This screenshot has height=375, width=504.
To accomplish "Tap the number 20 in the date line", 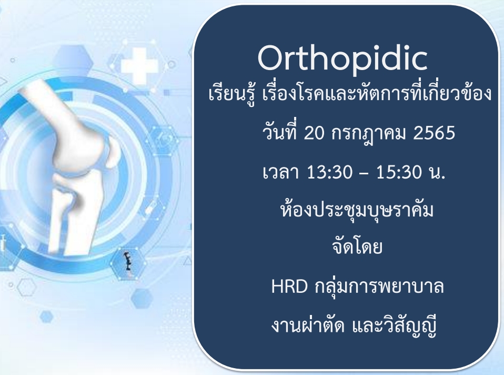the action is [314, 133].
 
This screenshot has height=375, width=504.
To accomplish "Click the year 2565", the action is [434, 133].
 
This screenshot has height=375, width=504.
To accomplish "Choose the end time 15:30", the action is [399, 172].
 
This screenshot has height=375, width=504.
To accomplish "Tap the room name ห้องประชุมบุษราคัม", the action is [357, 210].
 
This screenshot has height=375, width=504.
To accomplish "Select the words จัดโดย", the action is [357, 246].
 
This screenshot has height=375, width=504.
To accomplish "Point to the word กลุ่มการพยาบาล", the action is [379, 287].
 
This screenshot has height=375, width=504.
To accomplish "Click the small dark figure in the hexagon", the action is [128, 261].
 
